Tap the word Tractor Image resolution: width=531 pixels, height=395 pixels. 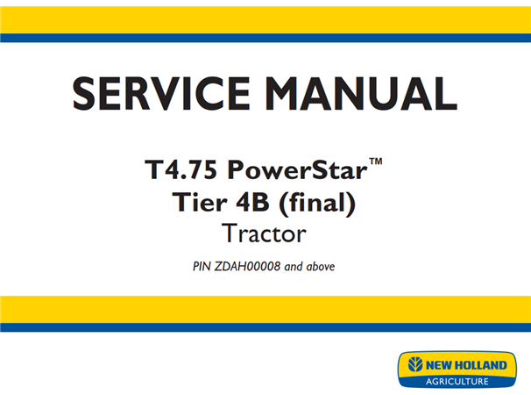(x=265, y=234)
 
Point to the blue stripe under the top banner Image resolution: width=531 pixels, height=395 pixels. (x=265, y=38)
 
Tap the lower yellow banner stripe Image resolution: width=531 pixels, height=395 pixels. (x=265, y=310)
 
